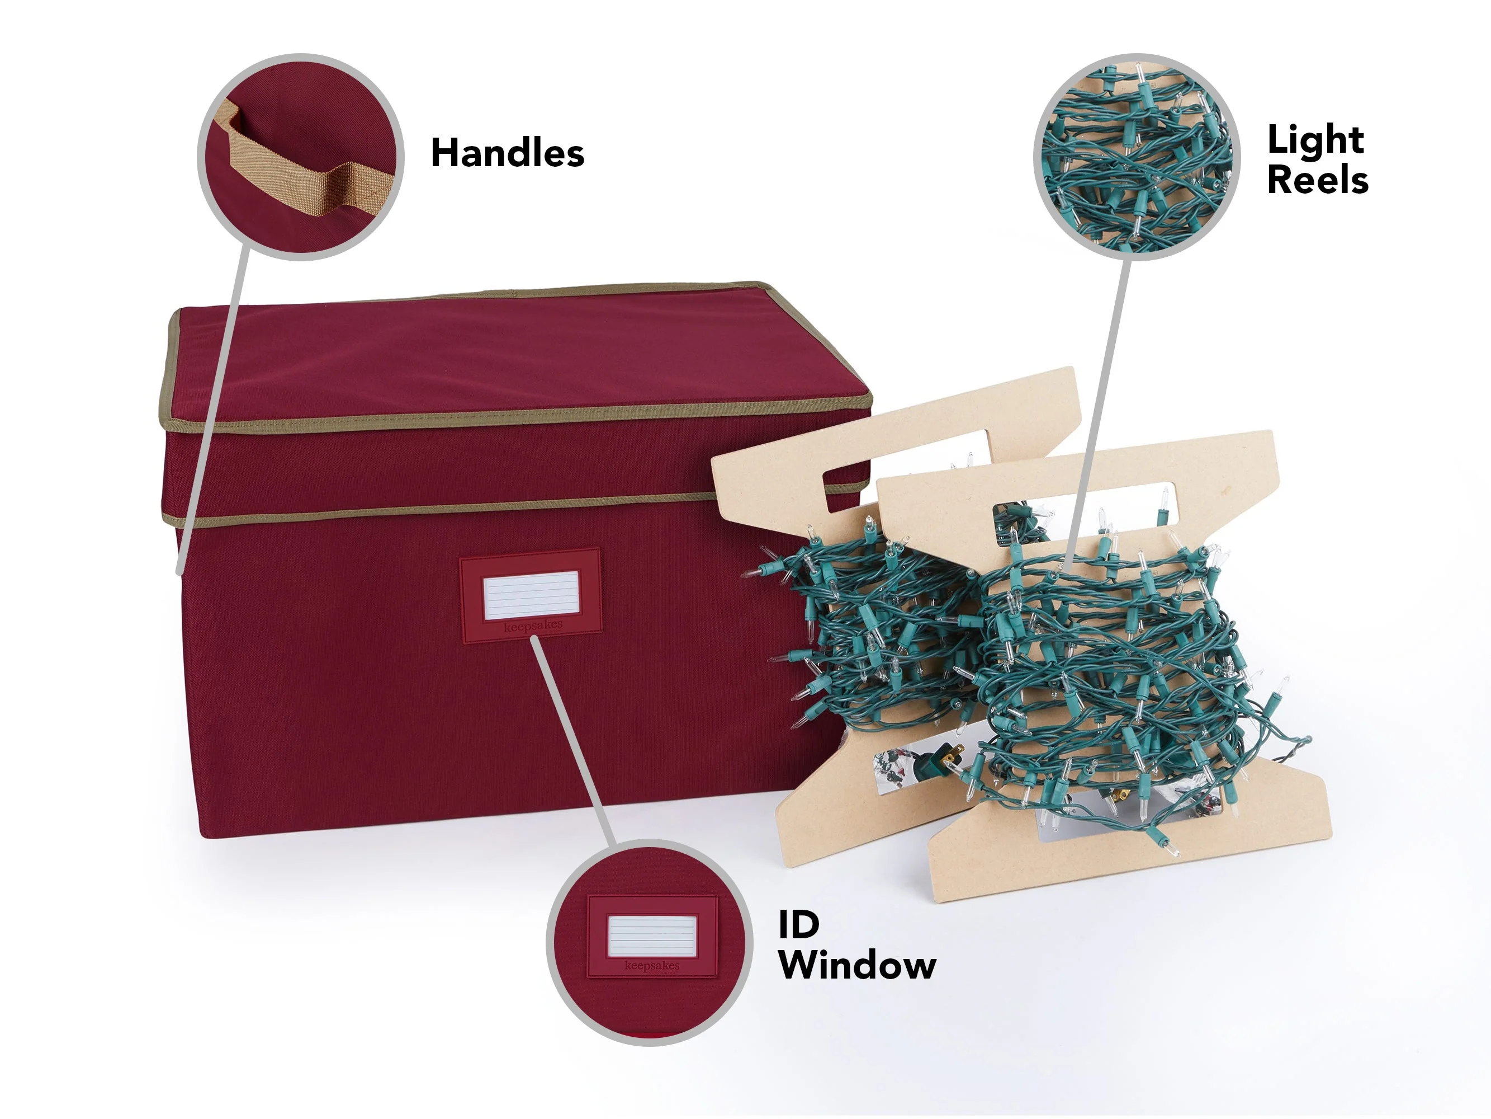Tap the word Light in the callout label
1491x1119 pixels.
1315,142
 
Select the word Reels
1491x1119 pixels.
1318,180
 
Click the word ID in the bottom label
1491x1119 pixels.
799,925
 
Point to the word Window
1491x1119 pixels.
858,966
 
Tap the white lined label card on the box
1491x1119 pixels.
531,594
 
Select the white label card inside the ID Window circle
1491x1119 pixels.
651,935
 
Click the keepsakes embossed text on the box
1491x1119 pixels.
533,626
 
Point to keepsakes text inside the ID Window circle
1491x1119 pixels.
652,966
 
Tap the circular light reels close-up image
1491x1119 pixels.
1137,157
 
